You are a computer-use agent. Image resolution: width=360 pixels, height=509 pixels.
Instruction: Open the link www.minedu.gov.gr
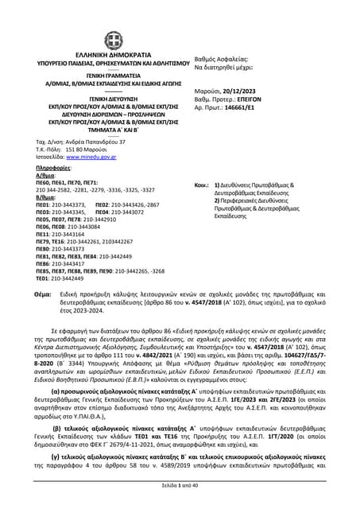(98, 157)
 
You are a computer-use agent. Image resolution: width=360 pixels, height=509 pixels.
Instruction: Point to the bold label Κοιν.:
(202, 185)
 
